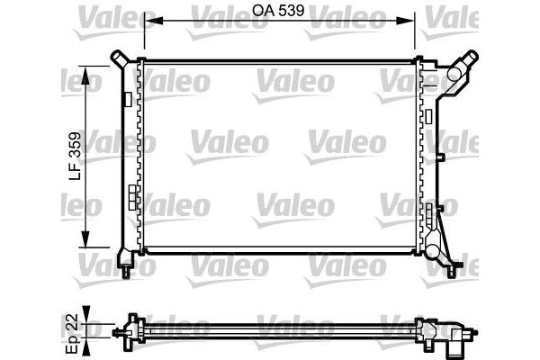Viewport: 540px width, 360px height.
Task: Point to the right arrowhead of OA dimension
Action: click(x=410, y=20)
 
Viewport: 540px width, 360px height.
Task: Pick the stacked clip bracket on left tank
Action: click(x=133, y=195)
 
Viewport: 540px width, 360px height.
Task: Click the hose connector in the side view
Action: click(x=459, y=339)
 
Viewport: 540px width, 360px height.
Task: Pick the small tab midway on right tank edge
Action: click(x=443, y=156)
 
